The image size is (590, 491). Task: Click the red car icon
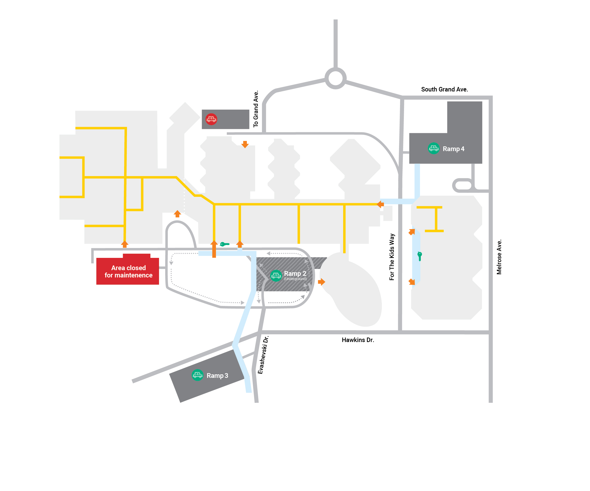211,119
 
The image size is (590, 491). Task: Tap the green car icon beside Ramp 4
434,149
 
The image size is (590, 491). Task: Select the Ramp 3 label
217,376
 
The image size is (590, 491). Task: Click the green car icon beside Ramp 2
276,276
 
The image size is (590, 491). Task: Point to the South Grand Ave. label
444,90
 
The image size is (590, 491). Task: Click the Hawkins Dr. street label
358,340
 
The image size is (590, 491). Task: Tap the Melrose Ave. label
499,257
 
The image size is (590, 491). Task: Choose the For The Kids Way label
392,257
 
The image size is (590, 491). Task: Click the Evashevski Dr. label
263,355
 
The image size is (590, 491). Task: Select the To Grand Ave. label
256,109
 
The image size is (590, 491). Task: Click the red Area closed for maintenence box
128,271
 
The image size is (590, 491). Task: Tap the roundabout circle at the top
335,78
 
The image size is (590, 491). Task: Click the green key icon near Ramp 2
224,244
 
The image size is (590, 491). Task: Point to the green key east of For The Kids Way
419,256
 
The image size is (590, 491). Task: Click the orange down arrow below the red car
245,144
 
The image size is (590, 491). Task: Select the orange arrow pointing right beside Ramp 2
322,282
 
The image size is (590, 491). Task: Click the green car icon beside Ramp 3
198,375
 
